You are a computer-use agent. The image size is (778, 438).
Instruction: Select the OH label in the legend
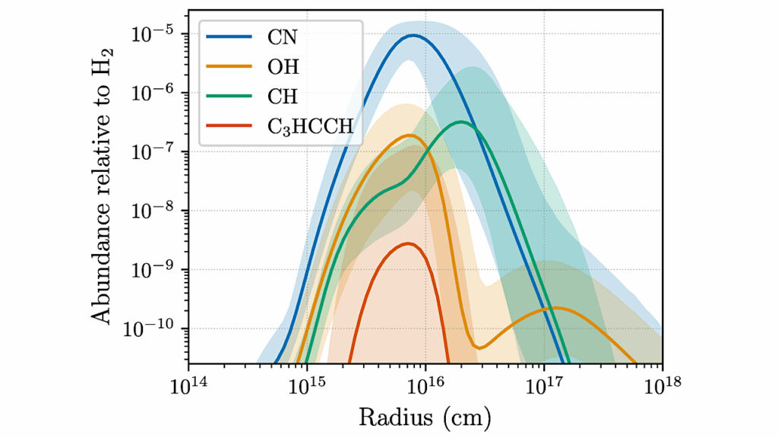(283, 67)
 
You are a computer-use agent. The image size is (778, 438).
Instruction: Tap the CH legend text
(282, 97)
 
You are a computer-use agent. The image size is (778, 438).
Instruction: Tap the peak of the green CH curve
(460, 122)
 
